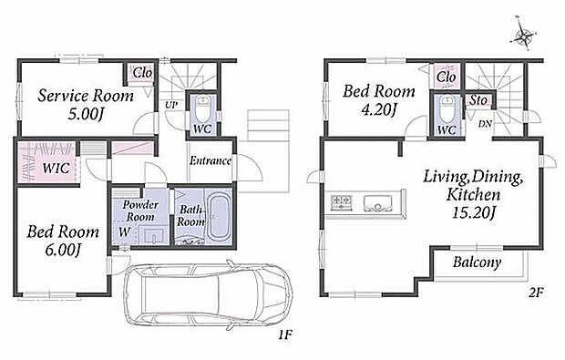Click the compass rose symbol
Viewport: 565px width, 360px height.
(x=524, y=35)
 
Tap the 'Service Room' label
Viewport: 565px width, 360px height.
(x=86, y=96)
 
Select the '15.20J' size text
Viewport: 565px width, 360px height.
(x=473, y=212)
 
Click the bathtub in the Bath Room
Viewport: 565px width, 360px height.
(x=219, y=218)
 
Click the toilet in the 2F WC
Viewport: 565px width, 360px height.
(x=447, y=110)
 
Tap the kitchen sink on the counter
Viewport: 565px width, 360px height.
(x=377, y=203)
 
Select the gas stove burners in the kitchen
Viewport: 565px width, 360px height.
(x=341, y=202)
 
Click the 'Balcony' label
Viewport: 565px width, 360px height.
(x=478, y=262)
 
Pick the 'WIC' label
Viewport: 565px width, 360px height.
(x=56, y=168)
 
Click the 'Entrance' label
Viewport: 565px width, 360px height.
(x=211, y=160)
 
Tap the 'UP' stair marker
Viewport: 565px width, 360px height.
(x=171, y=105)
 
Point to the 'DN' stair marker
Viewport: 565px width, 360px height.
(x=485, y=124)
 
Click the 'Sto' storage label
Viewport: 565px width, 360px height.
(x=478, y=100)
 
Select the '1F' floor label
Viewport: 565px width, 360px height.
(x=284, y=334)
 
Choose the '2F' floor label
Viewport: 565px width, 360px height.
(x=536, y=293)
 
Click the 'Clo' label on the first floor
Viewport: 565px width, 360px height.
(x=142, y=73)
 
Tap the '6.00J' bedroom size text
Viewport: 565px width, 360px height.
(x=62, y=250)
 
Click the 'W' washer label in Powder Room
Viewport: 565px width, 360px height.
(x=124, y=232)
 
